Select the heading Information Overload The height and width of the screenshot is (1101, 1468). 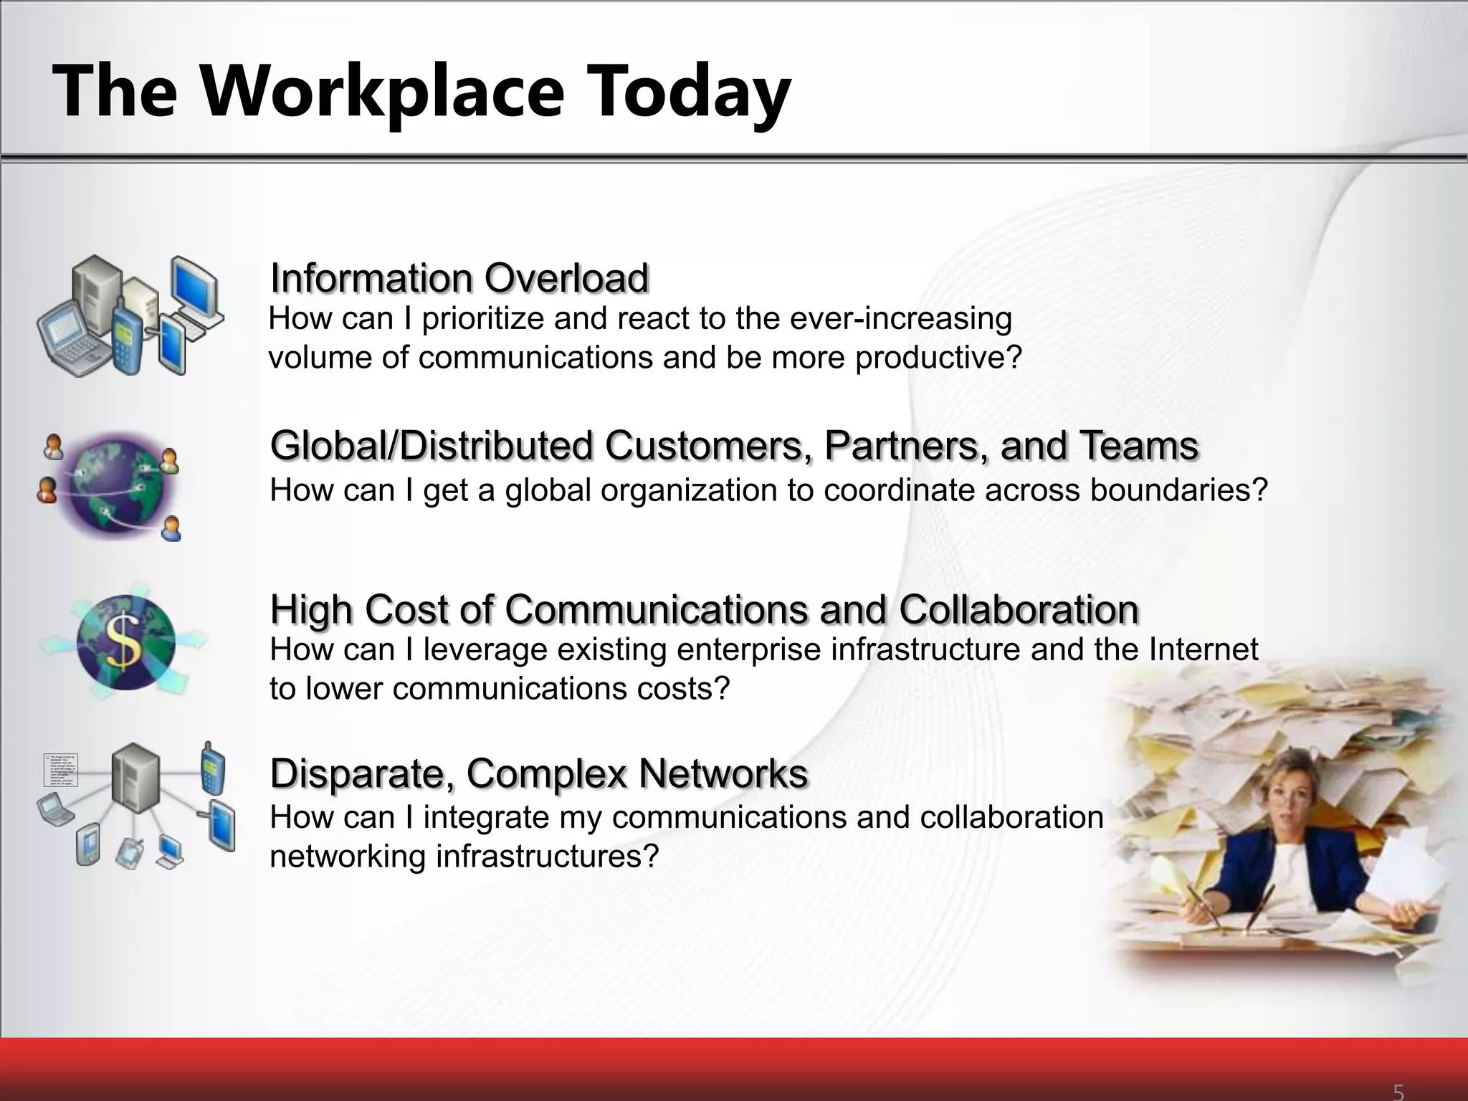[x=459, y=278]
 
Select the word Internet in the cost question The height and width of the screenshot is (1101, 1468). [x=1203, y=649]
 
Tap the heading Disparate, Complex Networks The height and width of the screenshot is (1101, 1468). [x=539, y=773]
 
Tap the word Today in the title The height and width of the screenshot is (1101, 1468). [x=688, y=92]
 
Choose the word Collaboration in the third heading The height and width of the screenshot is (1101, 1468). [x=1019, y=610]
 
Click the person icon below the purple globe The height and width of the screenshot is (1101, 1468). [x=171, y=529]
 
